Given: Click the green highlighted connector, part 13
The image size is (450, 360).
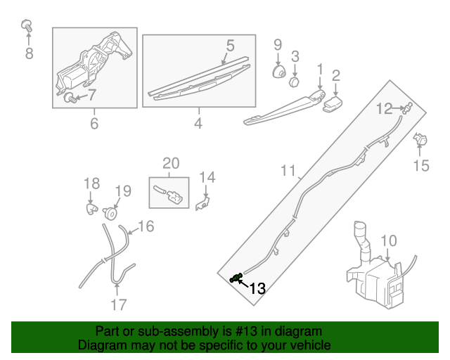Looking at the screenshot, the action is click(236, 278).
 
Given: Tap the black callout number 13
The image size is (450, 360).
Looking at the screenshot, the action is click(257, 288).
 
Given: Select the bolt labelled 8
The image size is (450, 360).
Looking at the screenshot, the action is click(27, 26).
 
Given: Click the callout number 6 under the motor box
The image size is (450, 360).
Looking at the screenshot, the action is click(94, 124).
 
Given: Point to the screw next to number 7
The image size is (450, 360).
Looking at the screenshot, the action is click(70, 98).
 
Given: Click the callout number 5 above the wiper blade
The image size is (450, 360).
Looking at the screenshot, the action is click(230, 46).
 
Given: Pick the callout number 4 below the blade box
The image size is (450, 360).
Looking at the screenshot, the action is click(198, 124).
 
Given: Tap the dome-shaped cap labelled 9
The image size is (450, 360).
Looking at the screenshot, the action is click(278, 72).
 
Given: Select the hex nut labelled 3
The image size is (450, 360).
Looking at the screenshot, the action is click(294, 82).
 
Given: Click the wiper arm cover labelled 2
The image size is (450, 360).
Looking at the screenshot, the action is click(333, 104).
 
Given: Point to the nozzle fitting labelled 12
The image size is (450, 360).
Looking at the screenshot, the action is click(408, 108).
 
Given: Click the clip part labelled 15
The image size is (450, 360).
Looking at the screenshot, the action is click(420, 139).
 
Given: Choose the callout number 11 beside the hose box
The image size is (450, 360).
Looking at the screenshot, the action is click(288, 171).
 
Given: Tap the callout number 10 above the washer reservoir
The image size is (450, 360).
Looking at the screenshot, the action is click(389, 240).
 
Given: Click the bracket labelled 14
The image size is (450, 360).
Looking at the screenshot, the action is click(202, 202).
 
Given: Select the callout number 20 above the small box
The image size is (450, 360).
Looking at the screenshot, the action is click(171, 163).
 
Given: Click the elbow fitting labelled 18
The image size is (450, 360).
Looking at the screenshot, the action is click(92, 209).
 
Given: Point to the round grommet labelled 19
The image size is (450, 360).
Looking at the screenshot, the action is click(110, 214).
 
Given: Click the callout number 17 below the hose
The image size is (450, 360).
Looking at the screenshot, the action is click(119, 305).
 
